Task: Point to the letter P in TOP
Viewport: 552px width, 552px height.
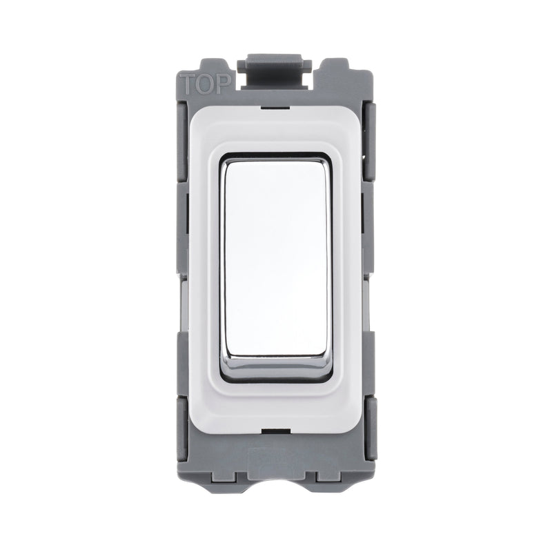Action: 222,83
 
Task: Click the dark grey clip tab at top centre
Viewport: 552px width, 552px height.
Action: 270,70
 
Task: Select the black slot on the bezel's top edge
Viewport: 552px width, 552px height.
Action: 275,106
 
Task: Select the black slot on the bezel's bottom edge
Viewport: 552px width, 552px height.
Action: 275,431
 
